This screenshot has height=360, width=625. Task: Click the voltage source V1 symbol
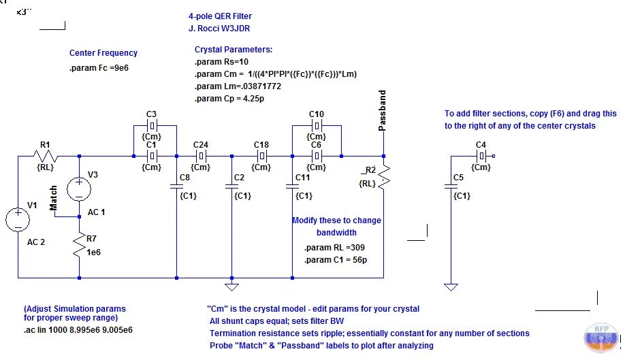click(x=18, y=220)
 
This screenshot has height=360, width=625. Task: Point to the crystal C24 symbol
click(x=202, y=156)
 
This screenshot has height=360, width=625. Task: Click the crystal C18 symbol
click(x=262, y=156)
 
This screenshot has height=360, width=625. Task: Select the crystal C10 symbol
click(x=317, y=126)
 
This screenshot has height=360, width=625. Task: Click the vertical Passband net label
click(x=382, y=110)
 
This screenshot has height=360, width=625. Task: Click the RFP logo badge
click(x=602, y=338)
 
